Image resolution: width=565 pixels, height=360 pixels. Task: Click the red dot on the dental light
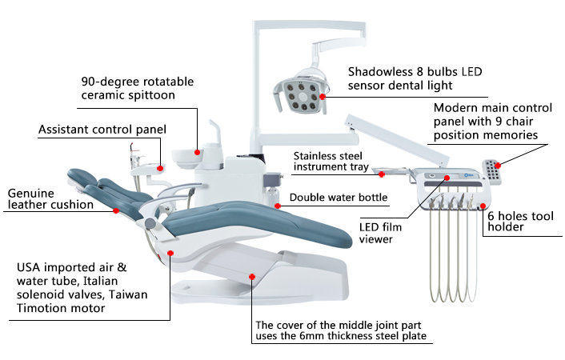click(x=323, y=96)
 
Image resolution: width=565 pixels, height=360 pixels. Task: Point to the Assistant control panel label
click(x=102, y=129)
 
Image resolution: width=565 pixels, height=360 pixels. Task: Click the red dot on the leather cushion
click(x=117, y=210)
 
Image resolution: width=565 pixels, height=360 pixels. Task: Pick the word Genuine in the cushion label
click(x=30, y=193)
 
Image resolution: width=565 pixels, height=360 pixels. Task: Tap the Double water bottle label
click(x=338, y=198)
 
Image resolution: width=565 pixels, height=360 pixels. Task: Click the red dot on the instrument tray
click(x=382, y=174)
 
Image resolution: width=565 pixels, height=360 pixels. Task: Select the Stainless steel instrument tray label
click(x=331, y=162)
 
